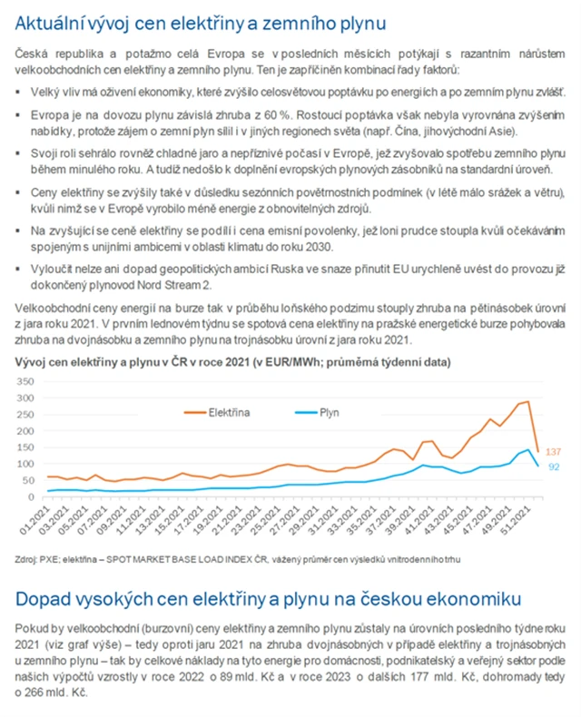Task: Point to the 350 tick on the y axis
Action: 27,379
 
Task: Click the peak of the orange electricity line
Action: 527,400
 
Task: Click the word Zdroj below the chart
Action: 26,559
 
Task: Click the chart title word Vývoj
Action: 31,361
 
